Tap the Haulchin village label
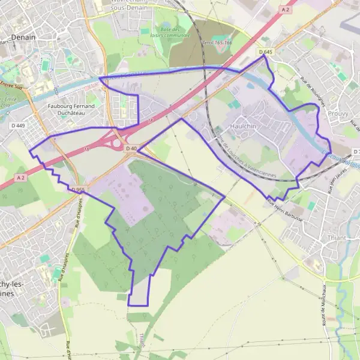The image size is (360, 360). (x=244, y=127)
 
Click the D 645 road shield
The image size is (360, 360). (x=266, y=52)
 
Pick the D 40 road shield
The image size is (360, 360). (x=131, y=148)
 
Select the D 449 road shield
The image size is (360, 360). (x=17, y=125)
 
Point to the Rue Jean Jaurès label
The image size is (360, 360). (x=332, y=180)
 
